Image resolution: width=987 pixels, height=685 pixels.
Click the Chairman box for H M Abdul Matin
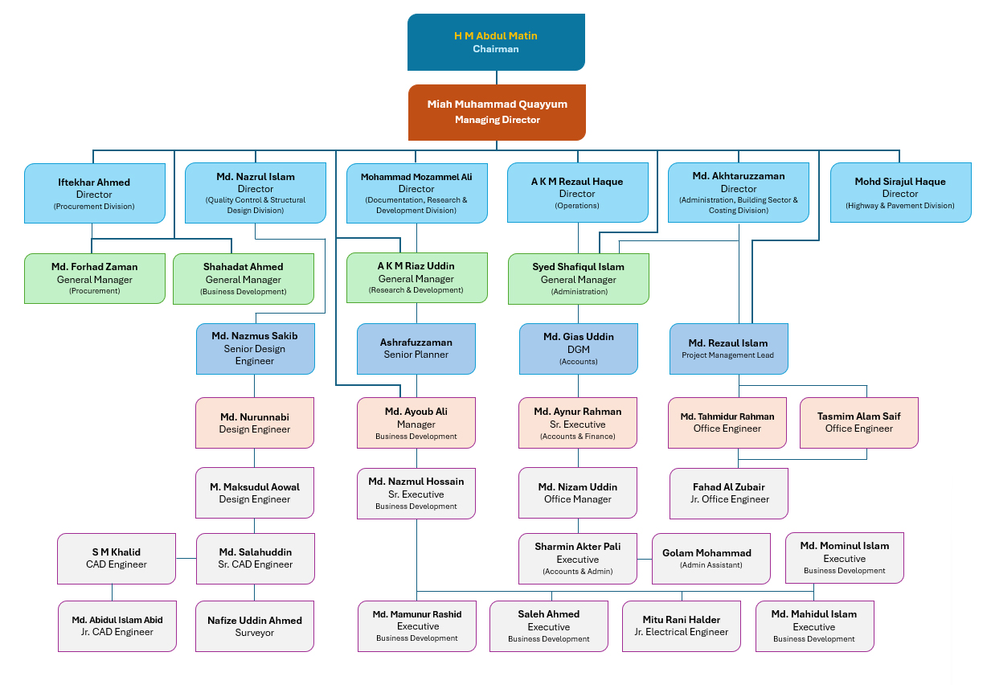tap(496, 42)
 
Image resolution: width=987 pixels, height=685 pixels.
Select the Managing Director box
tap(497, 113)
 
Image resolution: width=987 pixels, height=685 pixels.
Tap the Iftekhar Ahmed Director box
tap(94, 193)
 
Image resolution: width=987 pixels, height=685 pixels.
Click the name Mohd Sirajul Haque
tap(900, 182)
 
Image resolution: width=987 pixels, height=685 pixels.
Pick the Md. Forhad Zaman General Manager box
tap(94, 278)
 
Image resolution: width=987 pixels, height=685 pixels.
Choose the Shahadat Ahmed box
tap(243, 278)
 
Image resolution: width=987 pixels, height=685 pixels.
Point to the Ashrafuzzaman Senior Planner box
tap(416, 348)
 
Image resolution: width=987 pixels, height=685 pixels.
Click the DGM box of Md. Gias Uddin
tap(578, 348)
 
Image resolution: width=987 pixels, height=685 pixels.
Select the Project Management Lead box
tap(729, 348)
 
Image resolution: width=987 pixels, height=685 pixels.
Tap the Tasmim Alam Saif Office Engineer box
tap(858, 422)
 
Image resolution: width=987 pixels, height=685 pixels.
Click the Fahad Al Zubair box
tap(729, 493)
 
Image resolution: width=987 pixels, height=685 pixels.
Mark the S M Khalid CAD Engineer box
tap(116, 558)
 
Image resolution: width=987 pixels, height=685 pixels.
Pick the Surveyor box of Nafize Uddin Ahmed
tap(255, 626)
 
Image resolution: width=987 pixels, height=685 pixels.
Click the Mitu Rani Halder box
tap(681, 626)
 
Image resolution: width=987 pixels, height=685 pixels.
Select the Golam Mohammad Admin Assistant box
tap(706, 558)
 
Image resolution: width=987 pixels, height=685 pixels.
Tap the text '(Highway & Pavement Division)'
tap(900, 206)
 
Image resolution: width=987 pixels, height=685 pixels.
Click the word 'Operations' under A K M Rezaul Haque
tap(577, 206)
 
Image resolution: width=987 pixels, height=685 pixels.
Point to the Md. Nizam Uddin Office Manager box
tap(578, 493)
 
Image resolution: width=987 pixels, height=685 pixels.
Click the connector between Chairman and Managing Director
tap(496, 78)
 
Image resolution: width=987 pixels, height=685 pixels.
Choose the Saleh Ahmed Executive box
tap(548, 626)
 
